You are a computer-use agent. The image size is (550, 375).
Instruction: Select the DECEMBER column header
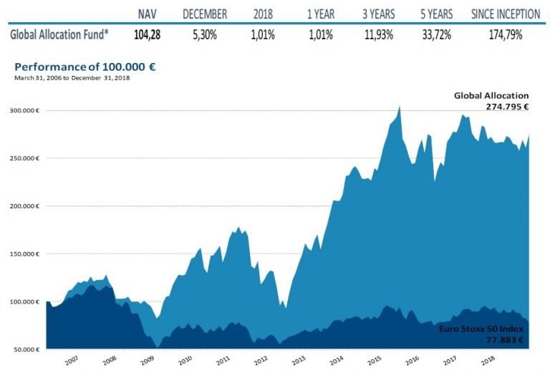point(205,14)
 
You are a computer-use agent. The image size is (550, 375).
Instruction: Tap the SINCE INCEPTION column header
point(506,14)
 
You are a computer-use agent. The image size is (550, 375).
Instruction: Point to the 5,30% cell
point(205,34)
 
